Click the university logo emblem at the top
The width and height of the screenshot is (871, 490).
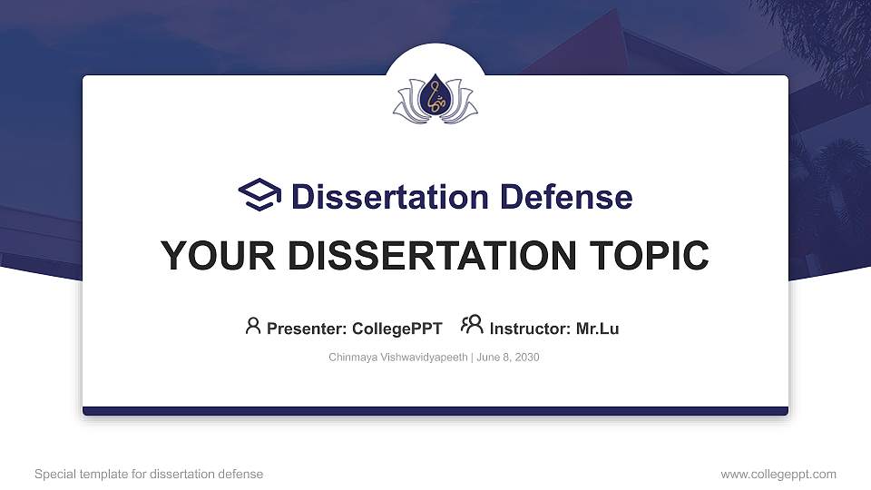pos(435,100)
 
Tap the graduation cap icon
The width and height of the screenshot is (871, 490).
pos(260,195)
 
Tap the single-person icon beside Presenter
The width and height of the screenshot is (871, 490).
pos(253,326)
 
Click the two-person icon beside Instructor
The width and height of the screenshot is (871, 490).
pos(472,325)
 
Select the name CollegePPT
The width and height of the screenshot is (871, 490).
pos(396,328)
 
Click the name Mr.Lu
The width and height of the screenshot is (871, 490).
pos(597,328)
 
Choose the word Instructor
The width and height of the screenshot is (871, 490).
pos(530,328)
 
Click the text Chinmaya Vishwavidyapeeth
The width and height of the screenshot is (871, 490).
pos(397,358)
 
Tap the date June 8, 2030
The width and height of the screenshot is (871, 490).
pos(506,358)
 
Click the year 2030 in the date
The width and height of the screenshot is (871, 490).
pos(525,358)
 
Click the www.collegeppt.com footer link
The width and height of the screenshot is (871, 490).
pos(778,474)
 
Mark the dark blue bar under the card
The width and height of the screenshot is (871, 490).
pos(435,411)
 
